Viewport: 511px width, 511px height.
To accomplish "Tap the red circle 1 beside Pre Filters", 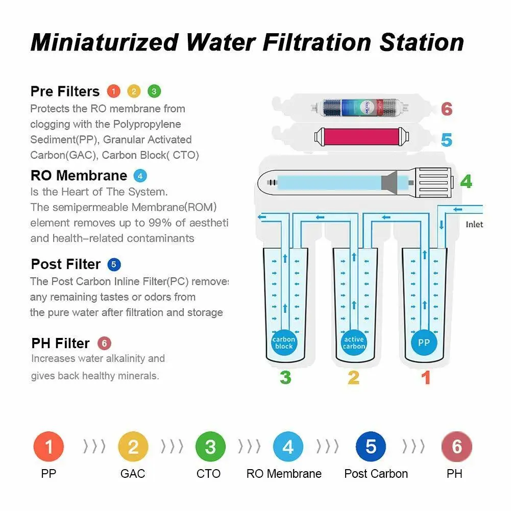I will click(x=113, y=91).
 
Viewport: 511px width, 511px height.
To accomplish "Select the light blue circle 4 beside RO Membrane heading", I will click(x=140, y=176).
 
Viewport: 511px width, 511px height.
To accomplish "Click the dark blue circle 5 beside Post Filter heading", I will click(x=114, y=264).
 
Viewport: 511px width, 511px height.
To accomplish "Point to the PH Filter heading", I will click(x=60, y=343).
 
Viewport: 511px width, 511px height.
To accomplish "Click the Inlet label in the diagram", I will click(x=474, y=225).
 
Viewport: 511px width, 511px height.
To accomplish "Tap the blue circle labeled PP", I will click(x=424, y=343).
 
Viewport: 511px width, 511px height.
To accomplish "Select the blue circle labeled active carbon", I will click(x=354, y=343).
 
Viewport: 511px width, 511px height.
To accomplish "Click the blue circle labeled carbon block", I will click(x=284, y=343).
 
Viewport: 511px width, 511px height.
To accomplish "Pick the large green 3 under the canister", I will click(x=285, y=378).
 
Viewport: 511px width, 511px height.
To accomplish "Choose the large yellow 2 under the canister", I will click(x=353, y=378).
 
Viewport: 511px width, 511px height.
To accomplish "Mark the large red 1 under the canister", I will click(x=425, y=378).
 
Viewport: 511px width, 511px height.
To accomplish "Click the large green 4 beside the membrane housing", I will click(x=466, y=181).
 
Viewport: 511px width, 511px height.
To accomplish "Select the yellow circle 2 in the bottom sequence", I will click(x=133, y=447).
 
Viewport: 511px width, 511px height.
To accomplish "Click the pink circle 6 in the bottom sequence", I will click(x=456, y=447).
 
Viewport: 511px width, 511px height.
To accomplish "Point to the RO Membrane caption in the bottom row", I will click(x=284, y=474).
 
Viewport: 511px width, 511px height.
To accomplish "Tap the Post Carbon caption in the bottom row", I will click(x=376, y=474).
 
